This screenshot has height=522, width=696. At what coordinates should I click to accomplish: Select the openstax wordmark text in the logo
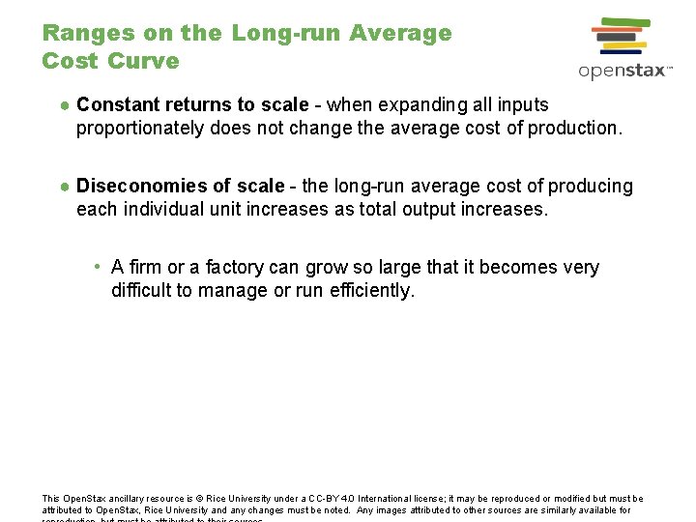click(619, 71)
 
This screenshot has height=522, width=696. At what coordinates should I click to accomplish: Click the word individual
click(171, 209)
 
